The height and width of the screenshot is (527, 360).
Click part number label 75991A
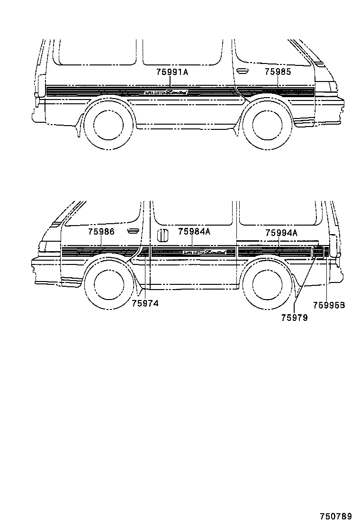tap(172, 72)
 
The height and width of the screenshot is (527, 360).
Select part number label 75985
tap(278, 72)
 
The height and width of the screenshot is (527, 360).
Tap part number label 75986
tap(101, 232)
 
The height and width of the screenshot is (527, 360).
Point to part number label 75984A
tap(194, 232)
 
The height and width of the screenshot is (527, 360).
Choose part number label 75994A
tap(281, 233)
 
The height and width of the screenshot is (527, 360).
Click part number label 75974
tap(145, 303)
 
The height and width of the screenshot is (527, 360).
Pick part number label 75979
tap(294, 318)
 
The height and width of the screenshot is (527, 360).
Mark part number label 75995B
tap(329, 306)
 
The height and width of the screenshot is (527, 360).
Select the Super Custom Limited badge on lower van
tap(204, 253)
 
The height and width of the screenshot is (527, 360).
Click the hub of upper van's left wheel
tap(108, 124)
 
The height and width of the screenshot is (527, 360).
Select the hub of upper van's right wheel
tap(267, 124)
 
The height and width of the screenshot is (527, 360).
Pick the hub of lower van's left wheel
tap(108, 284)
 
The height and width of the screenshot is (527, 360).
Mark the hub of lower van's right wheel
tap(267, 284)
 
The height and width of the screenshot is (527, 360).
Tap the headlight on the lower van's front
tap(48, 246)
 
